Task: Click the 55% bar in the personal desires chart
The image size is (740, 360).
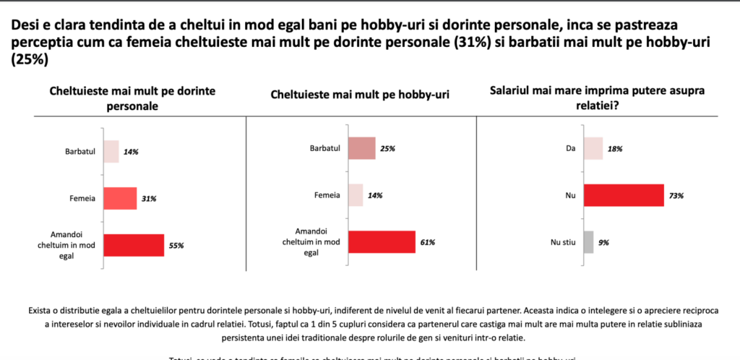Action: [134, 245]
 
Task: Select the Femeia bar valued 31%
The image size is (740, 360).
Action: [120, 198]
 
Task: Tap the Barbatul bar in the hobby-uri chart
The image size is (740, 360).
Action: [361, 148]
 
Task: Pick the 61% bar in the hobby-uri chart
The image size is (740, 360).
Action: [382, 242]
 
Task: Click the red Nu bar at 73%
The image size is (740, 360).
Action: [623, 195]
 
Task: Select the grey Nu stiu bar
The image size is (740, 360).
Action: [588, 242]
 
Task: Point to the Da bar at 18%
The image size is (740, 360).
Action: [593, 148]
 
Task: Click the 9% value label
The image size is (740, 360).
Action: [603, 243]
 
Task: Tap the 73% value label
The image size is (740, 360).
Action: [676, 196]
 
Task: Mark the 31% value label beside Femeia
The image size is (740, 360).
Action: [149, 199]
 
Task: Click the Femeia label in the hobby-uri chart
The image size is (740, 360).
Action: [328, 195]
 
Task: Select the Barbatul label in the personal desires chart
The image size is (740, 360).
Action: [80, 152]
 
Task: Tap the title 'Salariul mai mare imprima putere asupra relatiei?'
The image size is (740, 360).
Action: [596, 98]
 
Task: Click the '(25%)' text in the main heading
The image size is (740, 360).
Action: [30, 61]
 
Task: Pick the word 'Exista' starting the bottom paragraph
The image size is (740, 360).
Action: [41, 310]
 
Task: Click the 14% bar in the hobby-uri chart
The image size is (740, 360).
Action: [355, 195]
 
